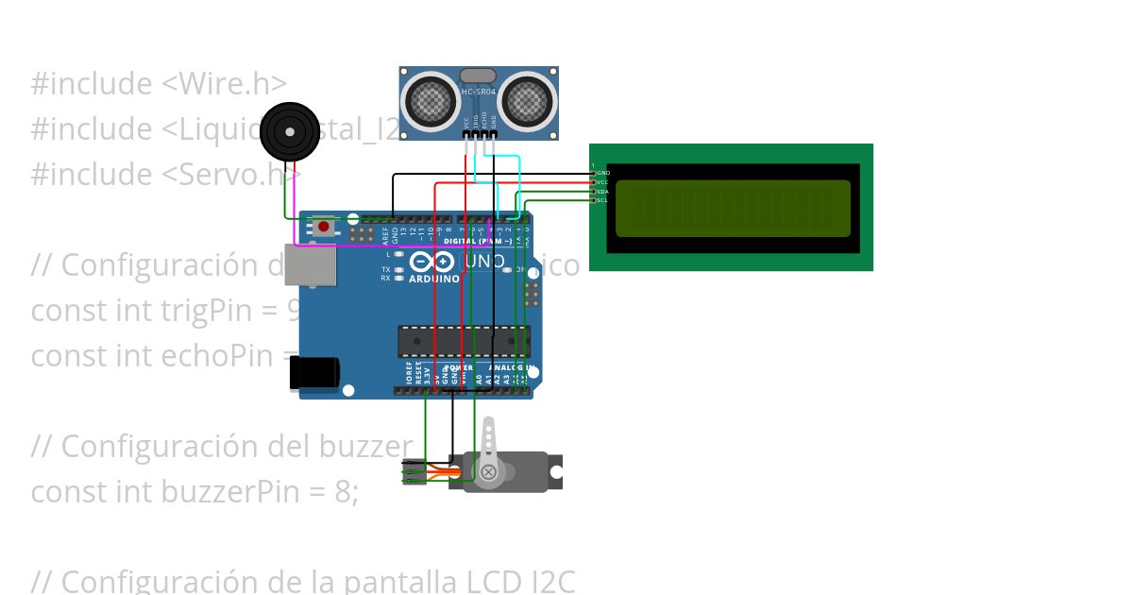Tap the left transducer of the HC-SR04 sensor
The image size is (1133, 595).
click(431, 98)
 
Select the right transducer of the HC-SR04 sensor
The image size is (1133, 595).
click(526, 98)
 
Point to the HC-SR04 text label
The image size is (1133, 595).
click(478, 92)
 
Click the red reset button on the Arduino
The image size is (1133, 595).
click(324, 227)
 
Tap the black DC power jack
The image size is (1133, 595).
click(313, 373)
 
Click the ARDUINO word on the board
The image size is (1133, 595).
click(433, 280)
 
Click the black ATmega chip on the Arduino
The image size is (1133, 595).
click(464, 342)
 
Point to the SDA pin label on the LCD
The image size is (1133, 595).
click(603, 192)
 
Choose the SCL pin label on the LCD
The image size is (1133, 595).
click(603, 200)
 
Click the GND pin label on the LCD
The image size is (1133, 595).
click(604, 174)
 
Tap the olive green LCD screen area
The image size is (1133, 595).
click(733, 208)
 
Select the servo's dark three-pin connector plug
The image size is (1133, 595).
click(413, 471)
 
